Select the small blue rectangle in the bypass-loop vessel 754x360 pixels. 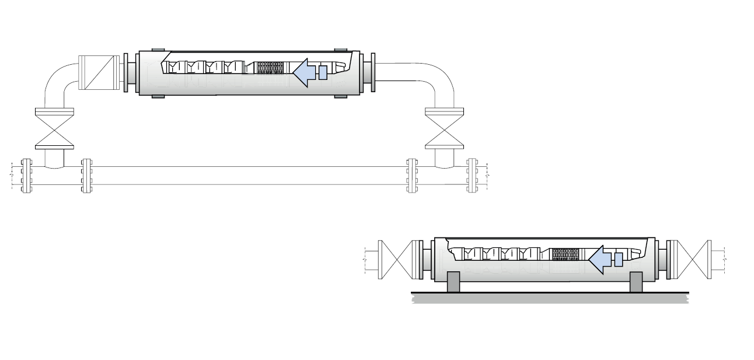coord(323,72)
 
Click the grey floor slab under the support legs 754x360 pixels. coord(549,298)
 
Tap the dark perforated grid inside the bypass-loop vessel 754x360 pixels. coord(270,68)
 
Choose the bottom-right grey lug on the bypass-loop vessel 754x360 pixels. coord(341,95)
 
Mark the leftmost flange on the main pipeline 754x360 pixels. coord(26,176)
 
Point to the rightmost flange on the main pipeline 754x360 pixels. coord(472,176)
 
